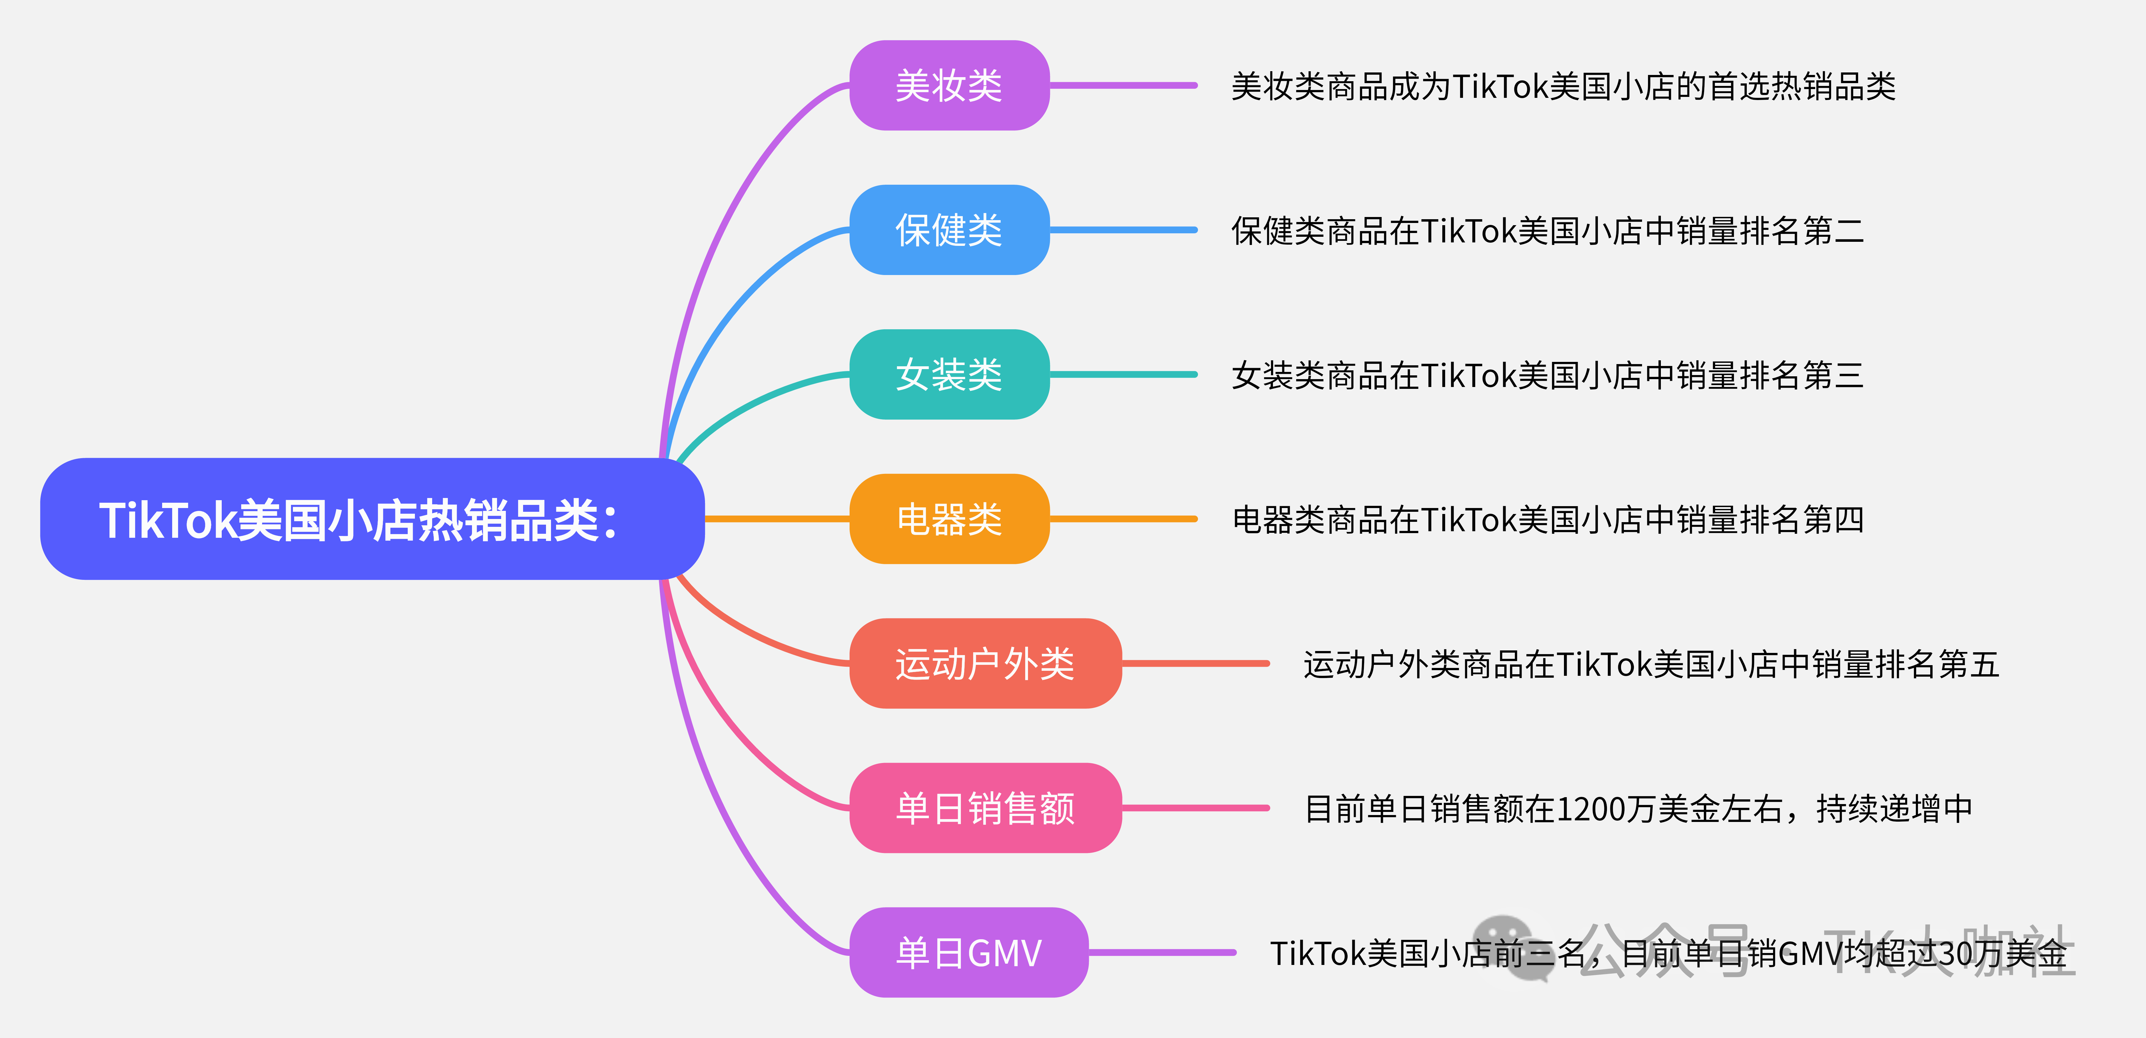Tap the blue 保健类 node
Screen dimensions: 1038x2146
coord(949,230)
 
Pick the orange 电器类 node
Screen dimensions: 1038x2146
coord(949,519)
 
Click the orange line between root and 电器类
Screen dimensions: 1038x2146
coord(776,519)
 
